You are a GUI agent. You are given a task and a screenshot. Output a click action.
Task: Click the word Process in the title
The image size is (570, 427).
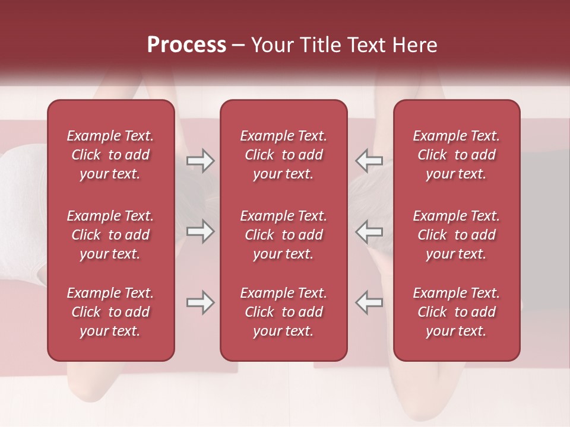coord(186,45)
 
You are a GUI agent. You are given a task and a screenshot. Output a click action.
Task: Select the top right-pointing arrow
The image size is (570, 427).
coord(200,161)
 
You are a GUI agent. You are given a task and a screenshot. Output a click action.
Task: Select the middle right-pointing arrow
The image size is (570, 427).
coord(200,231)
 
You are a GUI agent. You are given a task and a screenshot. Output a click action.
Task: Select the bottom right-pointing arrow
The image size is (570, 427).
coord(200,302)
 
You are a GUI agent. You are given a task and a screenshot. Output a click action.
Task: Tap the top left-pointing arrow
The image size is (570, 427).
coord(369,161)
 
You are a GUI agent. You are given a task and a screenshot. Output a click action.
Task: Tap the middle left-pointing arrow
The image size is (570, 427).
coord(369,231)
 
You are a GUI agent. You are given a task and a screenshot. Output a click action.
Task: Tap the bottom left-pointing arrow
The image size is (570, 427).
coord(369,302)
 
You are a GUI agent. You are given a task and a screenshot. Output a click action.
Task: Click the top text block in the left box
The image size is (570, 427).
coord(110,155)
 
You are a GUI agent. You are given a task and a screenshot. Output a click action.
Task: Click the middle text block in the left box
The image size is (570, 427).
coord(110,235)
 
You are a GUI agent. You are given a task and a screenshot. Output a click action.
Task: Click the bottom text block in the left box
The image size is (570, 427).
coord(110,312)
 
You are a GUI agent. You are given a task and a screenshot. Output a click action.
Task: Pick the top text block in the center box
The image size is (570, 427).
coord(283,155)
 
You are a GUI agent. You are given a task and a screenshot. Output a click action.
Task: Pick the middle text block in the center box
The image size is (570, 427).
coord(283,235)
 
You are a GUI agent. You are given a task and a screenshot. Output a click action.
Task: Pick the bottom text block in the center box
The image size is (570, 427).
coord(283,312)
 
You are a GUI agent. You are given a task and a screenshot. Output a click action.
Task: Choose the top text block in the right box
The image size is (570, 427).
coord(456,155)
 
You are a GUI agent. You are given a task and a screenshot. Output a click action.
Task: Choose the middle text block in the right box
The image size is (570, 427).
coord(456,235)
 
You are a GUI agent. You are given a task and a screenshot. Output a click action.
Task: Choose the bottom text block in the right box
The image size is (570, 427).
coord(456,312)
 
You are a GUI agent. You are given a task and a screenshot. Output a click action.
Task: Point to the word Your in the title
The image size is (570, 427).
coord(271,45)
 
